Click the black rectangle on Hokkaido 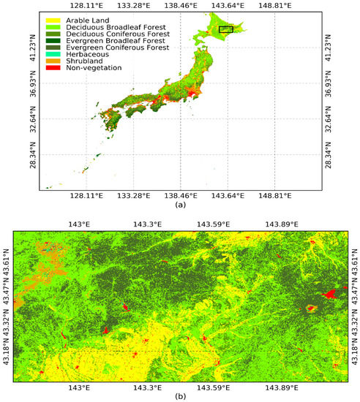[x=226, y=29]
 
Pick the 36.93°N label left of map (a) [x=29, y=83]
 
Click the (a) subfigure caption [x=180, y=206]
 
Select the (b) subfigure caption [x=180, y=397]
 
